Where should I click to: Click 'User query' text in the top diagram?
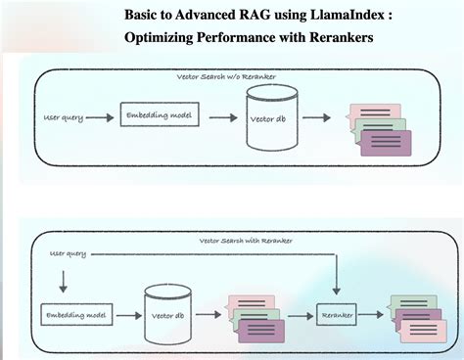pos(65,117)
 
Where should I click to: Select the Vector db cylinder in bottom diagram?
pos(168,314)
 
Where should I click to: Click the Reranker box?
pos(336,315)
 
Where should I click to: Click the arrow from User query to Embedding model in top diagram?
pos(99,117)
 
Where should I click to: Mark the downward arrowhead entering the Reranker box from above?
pos(336,291)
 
